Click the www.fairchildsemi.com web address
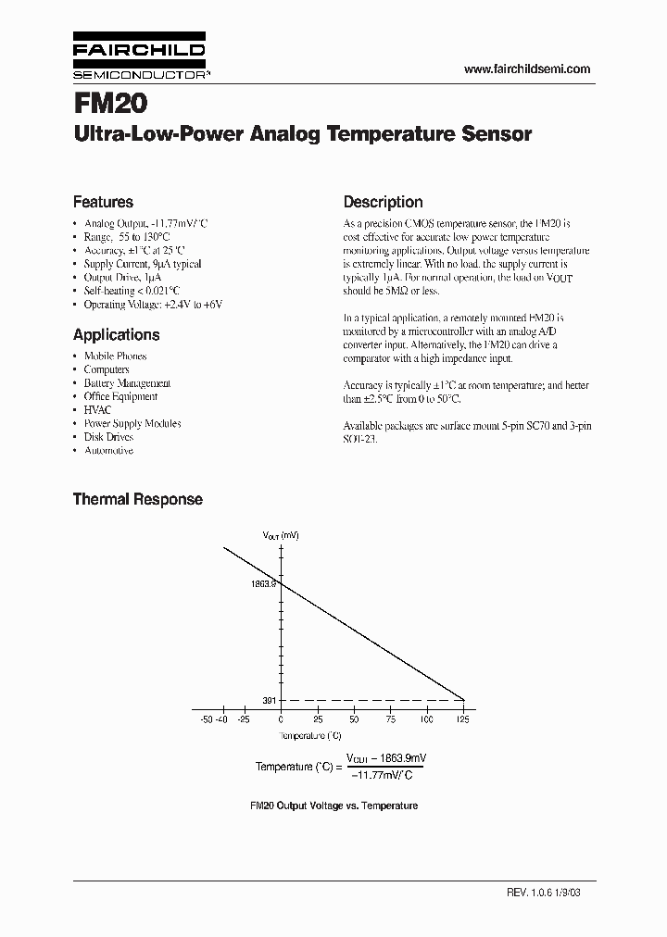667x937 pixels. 525,69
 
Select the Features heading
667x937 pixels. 103,202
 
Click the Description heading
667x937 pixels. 383,202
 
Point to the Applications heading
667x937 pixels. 116,335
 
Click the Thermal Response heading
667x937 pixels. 137,499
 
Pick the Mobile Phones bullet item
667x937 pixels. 115,356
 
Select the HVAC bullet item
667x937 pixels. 97,409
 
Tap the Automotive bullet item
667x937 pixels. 108,450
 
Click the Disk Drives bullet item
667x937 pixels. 108,437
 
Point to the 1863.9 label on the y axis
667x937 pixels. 264,584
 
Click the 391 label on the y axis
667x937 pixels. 270,700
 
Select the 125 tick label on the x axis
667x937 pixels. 462,718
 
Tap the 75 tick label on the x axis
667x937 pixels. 390,718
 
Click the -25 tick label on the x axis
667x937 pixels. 243,718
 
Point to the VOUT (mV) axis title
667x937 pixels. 281,535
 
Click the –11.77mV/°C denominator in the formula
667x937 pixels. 385,776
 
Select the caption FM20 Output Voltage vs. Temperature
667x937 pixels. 333,806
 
